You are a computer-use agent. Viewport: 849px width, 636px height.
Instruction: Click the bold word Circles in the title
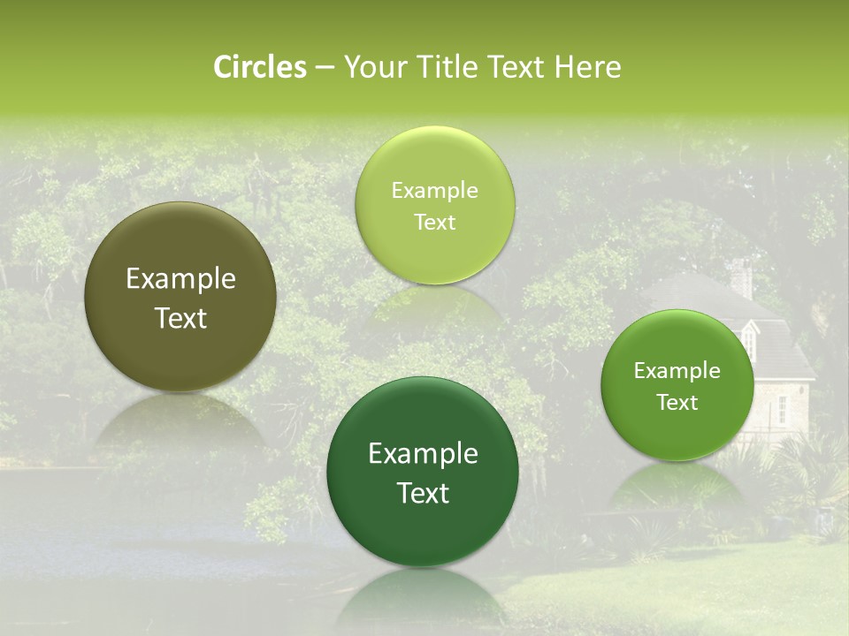pos(260,67)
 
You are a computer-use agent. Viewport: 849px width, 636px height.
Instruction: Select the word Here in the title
pos(588,67)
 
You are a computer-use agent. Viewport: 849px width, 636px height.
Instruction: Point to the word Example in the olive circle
pos(180,279)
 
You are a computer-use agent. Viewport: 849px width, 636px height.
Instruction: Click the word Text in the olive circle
pos(180,318)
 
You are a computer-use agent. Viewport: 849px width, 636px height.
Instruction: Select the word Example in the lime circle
pos(434,191)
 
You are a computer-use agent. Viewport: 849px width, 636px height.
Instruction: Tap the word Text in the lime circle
pos(434,222)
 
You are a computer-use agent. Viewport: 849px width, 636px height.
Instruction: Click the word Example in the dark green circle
pos(423,454)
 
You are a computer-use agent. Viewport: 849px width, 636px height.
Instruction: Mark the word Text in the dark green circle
pos(423,493)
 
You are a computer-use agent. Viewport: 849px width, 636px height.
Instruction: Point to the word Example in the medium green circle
pos(677,371)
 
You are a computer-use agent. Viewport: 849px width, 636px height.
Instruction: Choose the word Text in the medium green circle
pos(677,403)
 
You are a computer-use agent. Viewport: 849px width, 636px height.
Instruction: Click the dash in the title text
pos(325,68)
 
